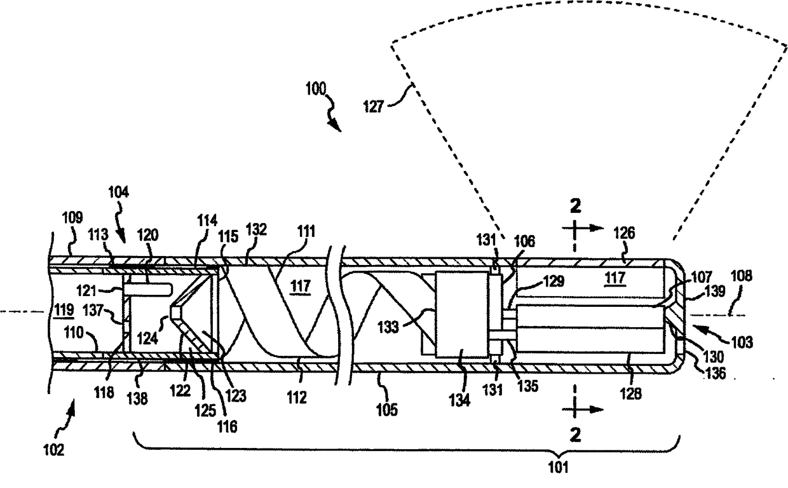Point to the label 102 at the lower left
click(x=53, y=450)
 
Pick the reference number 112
click(x=297, y=398)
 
